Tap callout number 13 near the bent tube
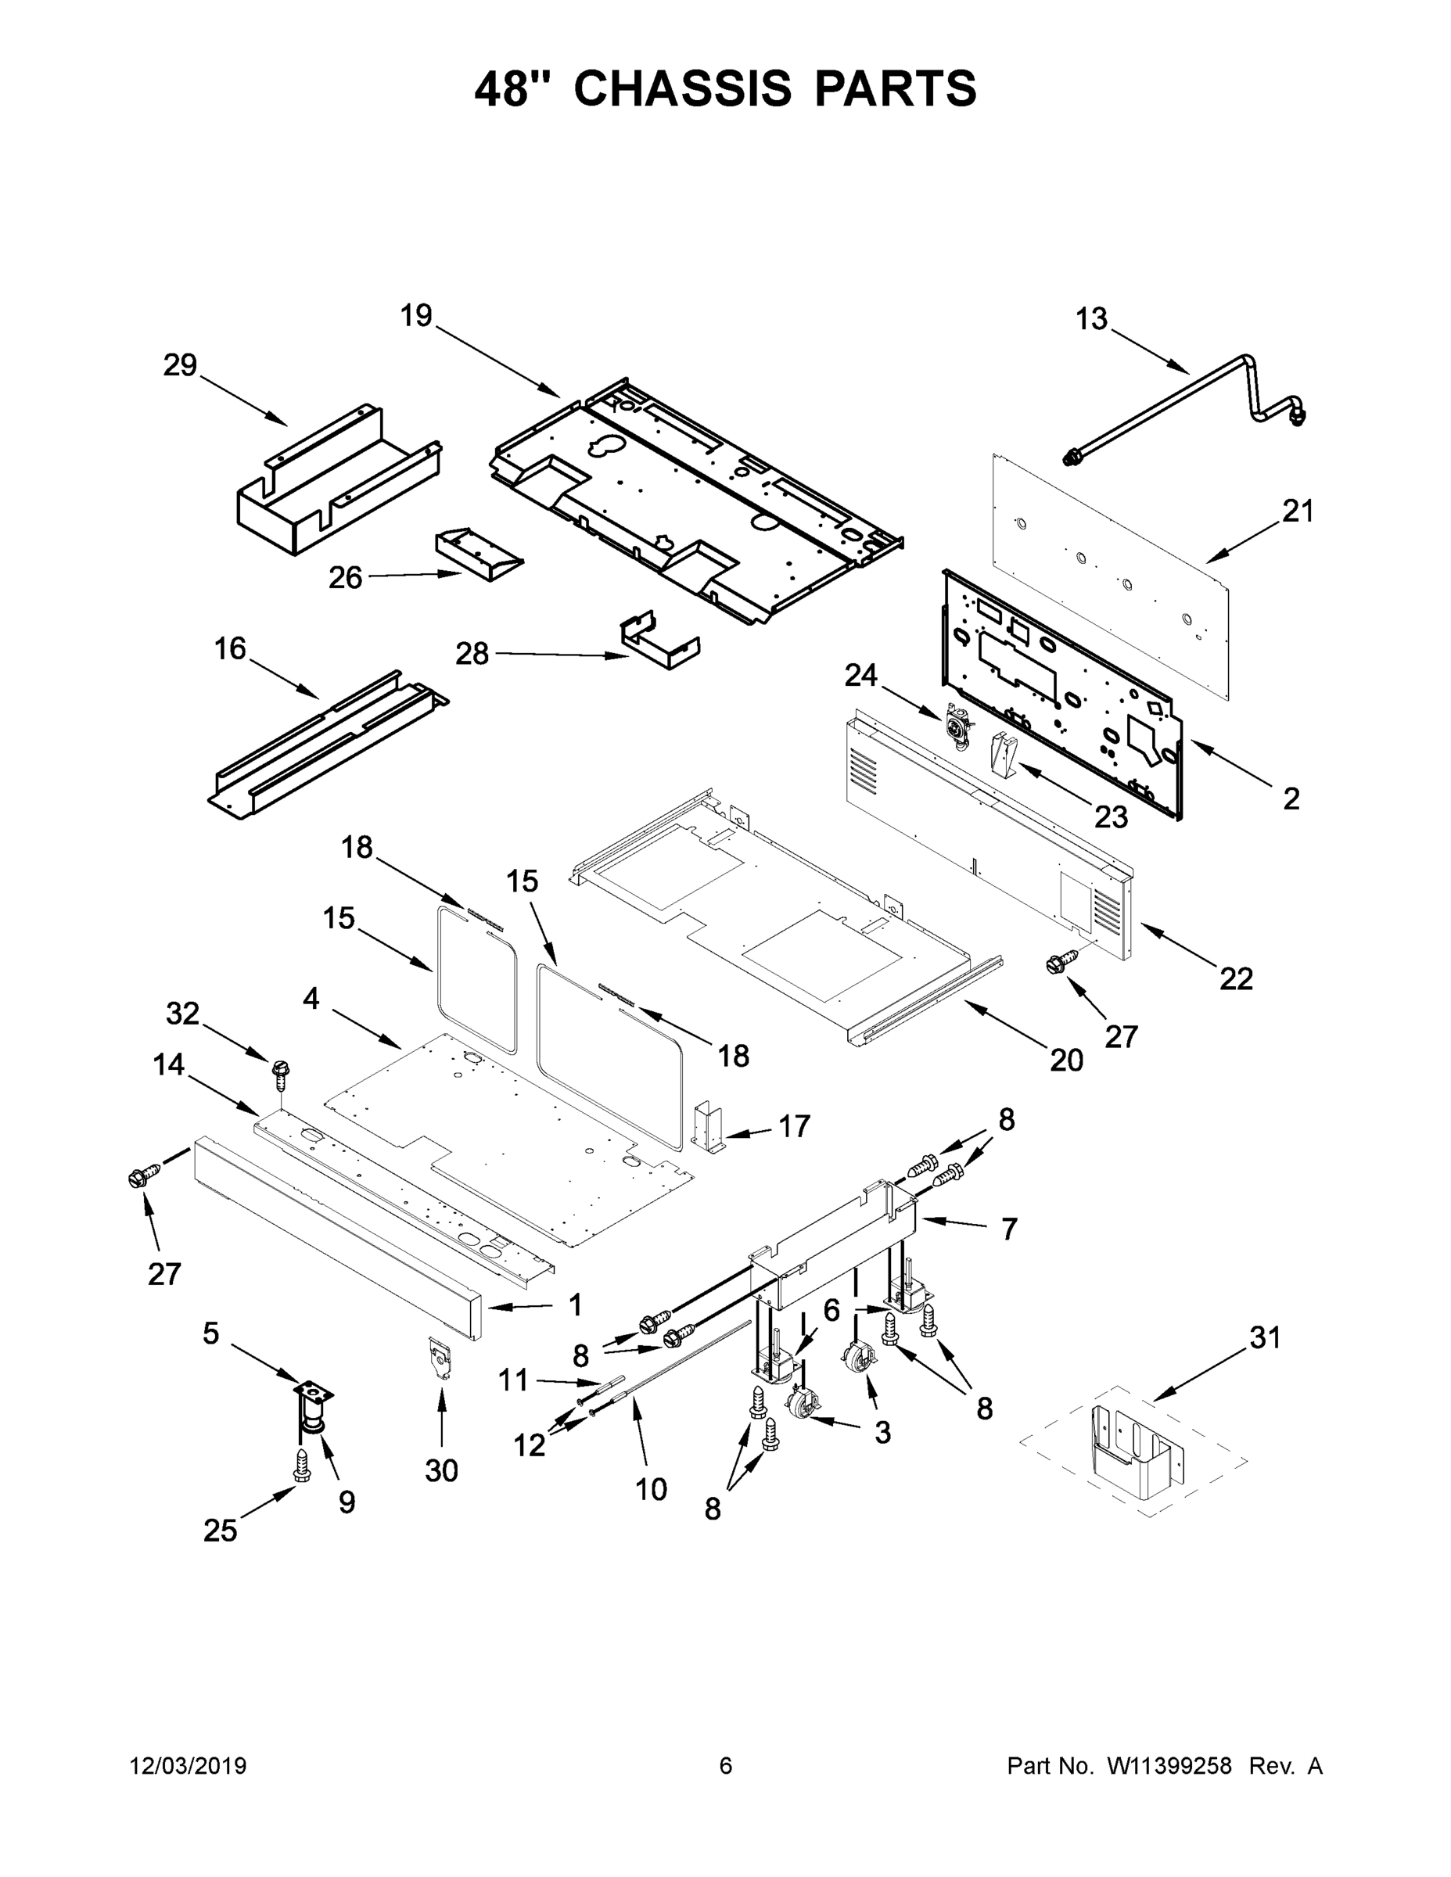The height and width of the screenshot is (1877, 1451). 1092,319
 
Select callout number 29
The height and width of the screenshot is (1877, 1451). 181,365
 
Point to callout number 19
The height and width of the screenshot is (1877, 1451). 416,315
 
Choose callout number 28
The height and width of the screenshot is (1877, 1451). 472,654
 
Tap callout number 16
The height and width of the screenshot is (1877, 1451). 229,649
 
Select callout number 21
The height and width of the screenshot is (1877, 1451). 1298,511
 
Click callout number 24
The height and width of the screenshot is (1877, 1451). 860,676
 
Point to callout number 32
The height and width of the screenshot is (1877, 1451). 182,1014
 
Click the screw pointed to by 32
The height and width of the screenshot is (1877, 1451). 279,1069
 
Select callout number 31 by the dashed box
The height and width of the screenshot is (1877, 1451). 1266,1337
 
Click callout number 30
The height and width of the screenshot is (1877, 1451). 441,1471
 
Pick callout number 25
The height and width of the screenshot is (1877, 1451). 220,1531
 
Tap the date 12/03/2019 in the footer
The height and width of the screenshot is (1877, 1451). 189,1766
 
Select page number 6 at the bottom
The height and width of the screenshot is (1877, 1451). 726,1766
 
